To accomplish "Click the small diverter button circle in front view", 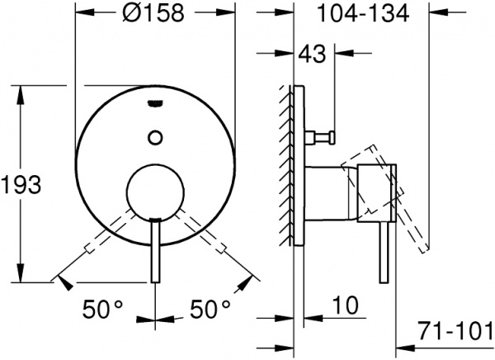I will (155, 135).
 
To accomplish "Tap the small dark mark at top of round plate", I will (155, 103).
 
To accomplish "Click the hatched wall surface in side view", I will (288, 165).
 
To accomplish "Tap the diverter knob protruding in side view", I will (324, 135).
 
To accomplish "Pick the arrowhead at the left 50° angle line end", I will (60, 281).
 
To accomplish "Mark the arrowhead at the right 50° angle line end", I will (250, 281).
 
